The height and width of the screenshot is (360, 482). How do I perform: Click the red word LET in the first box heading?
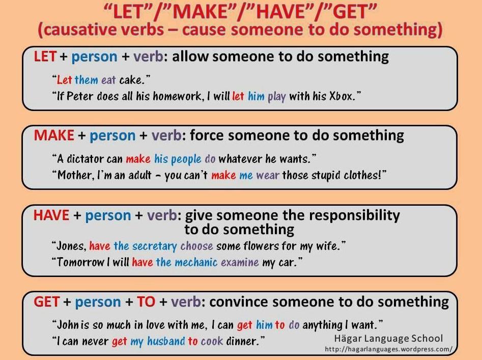coord(45,57)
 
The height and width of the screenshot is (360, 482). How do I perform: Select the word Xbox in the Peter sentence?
coord(341,97)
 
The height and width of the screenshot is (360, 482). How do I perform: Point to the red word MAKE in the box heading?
coord(54,135)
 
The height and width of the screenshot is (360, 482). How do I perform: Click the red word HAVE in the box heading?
coord(51,215)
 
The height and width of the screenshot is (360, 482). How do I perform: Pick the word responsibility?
coord(354,215)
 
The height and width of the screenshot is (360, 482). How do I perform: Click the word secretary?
coord(155,246)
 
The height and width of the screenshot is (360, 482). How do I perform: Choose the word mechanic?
coord(196,262)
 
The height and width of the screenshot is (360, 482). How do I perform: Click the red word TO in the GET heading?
coord(146,302)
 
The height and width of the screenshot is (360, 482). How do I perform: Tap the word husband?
coord(166,341)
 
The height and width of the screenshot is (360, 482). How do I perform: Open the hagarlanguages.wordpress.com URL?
coord(388,349)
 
